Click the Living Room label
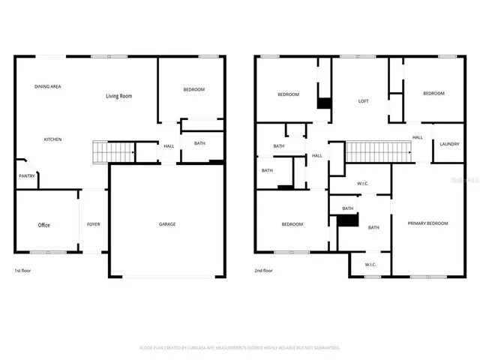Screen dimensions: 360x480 pyautogui.click(x=118, y=96)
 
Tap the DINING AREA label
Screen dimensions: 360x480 pyautogui.click(x=48, y=87)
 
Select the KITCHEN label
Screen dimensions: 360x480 pyautogui.click(x=52, y=139)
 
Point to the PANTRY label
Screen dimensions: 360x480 pyautogui.click(x=26, y=176)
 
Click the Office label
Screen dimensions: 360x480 pyautogui.click(x=44, y=225)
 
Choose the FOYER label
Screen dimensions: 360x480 pyautogui.click(x=94, y=224)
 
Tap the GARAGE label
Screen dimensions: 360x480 pyautogui.click(x=167, y=224)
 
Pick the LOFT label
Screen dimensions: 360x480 pyautogui.click(x=364, y=101)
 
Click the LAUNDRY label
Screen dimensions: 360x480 pyautogui.click(x=449, y=144)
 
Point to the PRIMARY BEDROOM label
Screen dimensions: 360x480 pyautogui.click(x=427, y=223)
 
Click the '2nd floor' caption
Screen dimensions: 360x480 pyautogui.click(x=263, y=270)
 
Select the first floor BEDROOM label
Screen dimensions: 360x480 pyautogui.click(x=194, y=90)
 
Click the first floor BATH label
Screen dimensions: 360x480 pyautogui.click(x=199, y=143)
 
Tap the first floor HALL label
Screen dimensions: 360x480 pyautogui.click(x=169, y=145)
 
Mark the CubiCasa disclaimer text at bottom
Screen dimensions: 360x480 pyautogui.click(x=240, y=348)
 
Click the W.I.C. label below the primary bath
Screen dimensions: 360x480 pyautogui.click(x=370, y=265)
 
